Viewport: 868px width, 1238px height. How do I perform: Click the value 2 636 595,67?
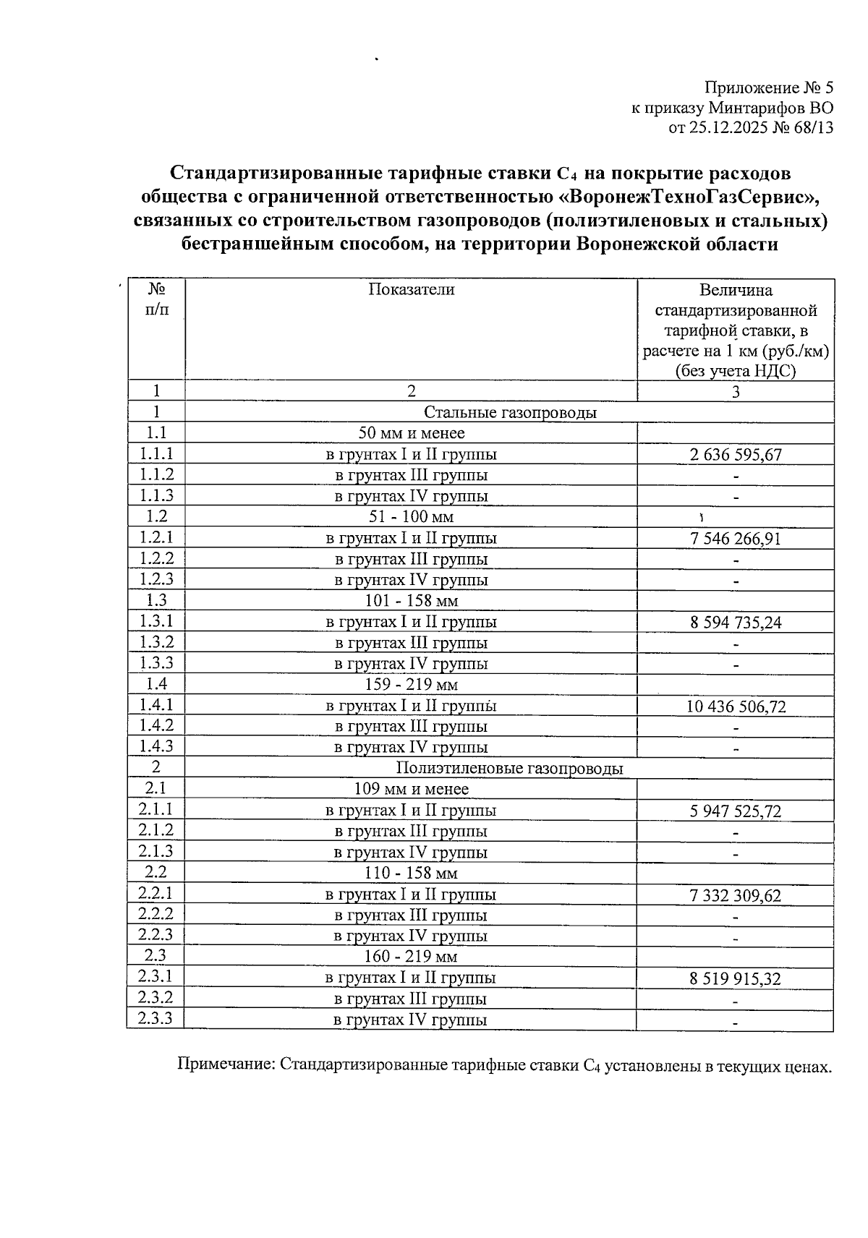click(x=735, y=455)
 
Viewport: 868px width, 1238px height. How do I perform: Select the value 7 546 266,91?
click(x=735, y=539)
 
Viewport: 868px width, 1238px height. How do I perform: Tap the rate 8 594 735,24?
click(x=735, y=623)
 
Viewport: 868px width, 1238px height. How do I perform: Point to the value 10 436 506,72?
click(x=735, y=706)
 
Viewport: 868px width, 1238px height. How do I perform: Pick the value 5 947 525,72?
click(x=735, y=811)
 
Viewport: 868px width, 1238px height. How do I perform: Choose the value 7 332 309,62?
click(x=735, y=895)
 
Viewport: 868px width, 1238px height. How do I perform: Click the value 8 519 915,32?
click(x=735, y=979)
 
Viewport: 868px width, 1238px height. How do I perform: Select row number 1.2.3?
click(x=156, y=579)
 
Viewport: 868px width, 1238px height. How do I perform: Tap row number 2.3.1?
click(x=156, y=977)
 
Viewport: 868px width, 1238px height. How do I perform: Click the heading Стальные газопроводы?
click(x=510, y=413)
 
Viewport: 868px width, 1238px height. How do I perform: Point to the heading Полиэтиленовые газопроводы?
click(x=509, y=768)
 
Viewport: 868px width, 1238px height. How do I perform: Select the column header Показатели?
click(x=411, y=290)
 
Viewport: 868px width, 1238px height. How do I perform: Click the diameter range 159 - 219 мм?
click(x=411, y=684)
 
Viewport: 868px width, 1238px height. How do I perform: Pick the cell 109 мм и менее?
click(x=411, y=789)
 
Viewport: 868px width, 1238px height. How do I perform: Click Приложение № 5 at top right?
click(x=769, y=88)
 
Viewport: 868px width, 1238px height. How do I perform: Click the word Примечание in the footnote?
click(x=225, y=1065)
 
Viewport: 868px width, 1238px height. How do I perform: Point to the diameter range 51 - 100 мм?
click(x=411, y=517)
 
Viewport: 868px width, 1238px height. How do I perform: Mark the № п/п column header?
click(x=156, y=299)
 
